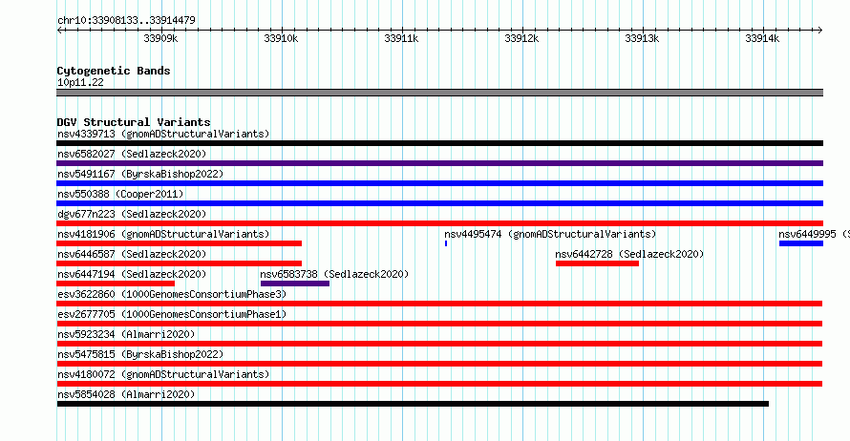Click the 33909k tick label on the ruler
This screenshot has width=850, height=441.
coord(160,38)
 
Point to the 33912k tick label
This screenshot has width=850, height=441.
coord(521,38)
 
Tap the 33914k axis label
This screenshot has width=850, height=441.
coord(762,38)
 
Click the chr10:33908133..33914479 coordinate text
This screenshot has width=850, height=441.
coord(126,21)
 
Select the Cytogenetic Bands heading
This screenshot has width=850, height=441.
coord(114,71)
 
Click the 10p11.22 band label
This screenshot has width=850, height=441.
coord(80,82)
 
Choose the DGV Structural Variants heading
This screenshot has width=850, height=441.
coord(134,122)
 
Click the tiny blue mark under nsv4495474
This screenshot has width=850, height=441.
coord(446,243)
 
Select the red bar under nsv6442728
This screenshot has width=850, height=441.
coord(597,263)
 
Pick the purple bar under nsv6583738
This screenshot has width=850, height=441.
coord(295,283)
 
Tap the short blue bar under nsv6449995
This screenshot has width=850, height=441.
coord(801,243)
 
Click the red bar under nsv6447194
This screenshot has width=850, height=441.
coord(116,283)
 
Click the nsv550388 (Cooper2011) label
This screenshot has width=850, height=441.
coord(120,194)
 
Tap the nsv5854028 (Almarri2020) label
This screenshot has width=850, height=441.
coord(126,394)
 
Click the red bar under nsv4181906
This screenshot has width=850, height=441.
coord(179,243)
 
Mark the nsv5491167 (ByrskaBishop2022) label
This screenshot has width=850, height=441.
coord(140,174)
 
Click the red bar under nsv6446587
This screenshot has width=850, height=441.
coord(179,263)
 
